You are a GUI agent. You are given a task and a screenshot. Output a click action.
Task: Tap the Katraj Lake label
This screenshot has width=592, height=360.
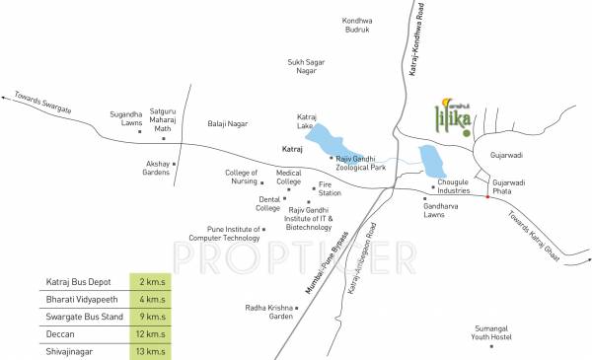pos(311,121)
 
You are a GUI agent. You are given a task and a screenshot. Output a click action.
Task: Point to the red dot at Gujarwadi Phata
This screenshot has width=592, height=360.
pos(486,199)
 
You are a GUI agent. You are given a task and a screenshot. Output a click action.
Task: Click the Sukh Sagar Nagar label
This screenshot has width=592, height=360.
pos(306,67)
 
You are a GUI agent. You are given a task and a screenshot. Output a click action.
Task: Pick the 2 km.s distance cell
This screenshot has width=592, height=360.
pos(151,282)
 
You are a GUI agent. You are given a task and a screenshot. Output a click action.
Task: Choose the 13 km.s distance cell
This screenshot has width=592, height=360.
pos(151,349)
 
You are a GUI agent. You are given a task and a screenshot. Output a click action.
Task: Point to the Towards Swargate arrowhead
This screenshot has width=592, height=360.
pos(5,96)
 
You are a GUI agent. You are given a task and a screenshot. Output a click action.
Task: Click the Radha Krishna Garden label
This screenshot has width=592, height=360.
pos(268,312)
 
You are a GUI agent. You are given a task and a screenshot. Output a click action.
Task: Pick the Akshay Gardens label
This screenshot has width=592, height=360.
pos(157,168)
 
